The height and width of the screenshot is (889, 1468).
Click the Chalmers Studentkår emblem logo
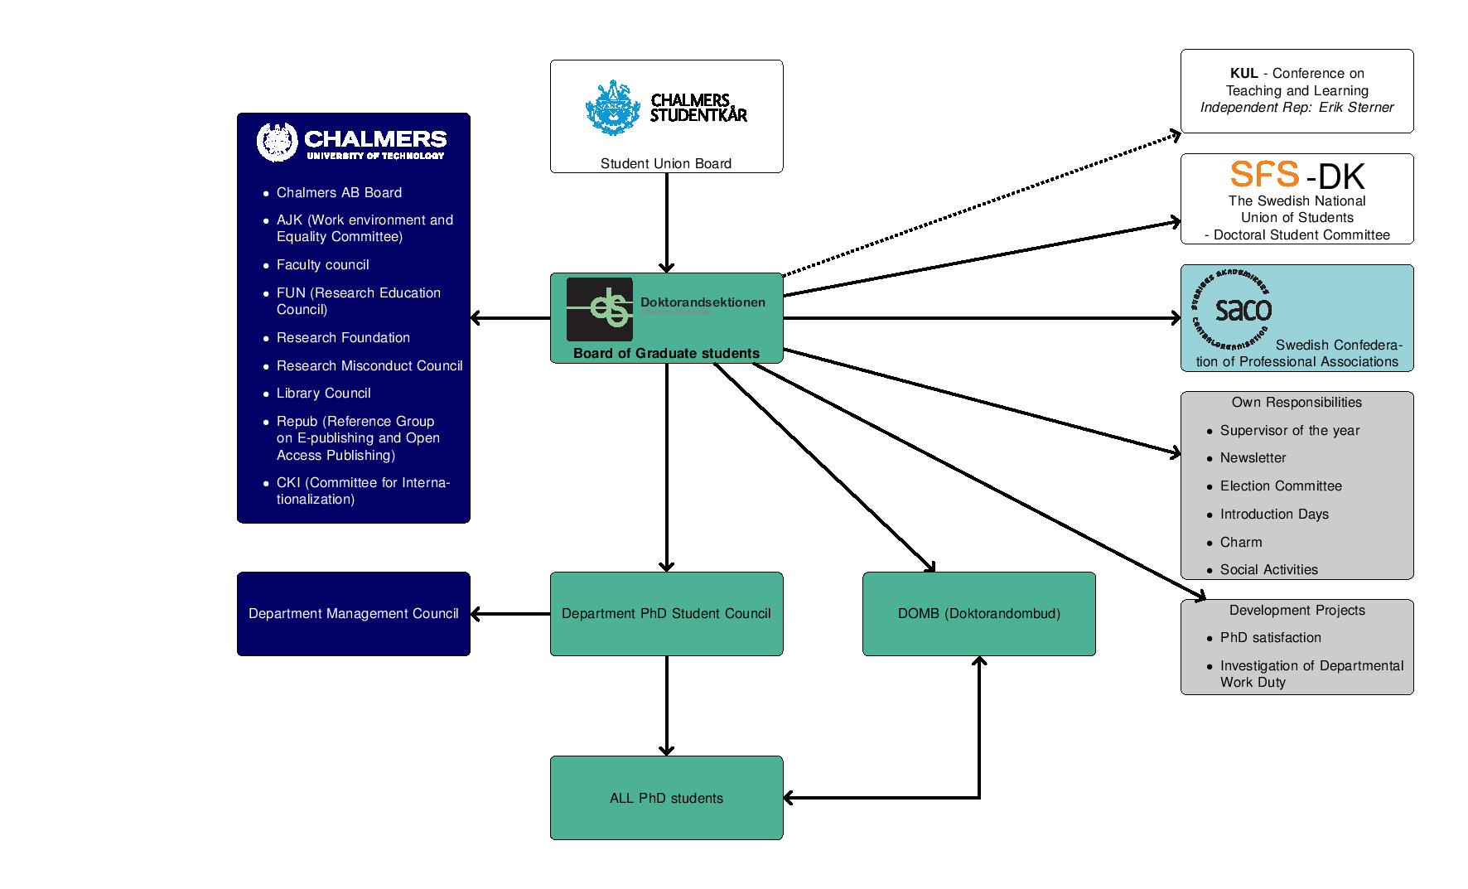613,108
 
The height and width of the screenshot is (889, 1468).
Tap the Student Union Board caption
666,164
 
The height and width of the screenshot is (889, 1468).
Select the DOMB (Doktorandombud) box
978,614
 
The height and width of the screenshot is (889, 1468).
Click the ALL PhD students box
666,798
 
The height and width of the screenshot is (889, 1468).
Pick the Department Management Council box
353,614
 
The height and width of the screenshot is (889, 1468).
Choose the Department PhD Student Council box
666,614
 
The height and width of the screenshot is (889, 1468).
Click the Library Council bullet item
323,394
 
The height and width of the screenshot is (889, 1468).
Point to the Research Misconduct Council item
369,365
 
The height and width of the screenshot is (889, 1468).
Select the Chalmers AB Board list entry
339,193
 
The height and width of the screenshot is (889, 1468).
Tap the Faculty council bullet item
322,265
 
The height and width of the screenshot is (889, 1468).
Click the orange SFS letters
1264,174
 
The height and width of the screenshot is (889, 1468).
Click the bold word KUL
1244,74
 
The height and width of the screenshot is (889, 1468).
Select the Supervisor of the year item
1289,431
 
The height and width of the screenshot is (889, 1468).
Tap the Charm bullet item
1240,543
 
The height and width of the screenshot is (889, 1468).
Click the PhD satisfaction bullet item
1270,638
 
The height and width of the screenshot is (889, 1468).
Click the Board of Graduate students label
666,354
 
